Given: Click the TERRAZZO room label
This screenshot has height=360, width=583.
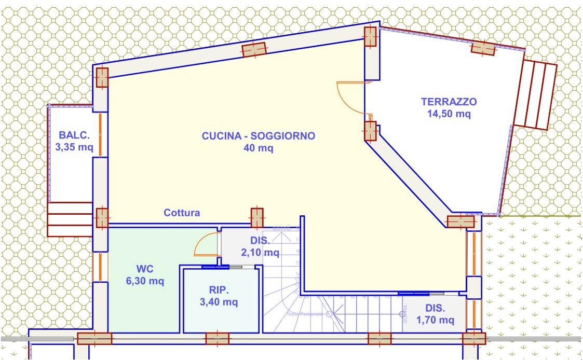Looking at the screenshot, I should tap(449, 102).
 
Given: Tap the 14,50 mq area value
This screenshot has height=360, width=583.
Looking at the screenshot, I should tap(449, 114).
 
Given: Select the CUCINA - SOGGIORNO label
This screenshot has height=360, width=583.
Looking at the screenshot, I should tap(258, 136).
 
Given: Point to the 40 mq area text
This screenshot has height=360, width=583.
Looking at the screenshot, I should tap(258, 148).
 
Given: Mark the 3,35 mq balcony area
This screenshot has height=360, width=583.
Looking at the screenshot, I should tap(74, 147).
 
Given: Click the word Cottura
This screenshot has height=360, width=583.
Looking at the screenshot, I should tap(182, 213).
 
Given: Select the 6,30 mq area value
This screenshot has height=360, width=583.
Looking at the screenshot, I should tap(145, 282).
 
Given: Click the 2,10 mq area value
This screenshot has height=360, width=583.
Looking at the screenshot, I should tap(260, 253).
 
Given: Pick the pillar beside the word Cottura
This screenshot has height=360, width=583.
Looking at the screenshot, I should tap(257, 218).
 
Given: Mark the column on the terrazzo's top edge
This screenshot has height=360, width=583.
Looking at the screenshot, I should tap(482, 48).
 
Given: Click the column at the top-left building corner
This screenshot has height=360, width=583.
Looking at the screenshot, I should tap(102, 78).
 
